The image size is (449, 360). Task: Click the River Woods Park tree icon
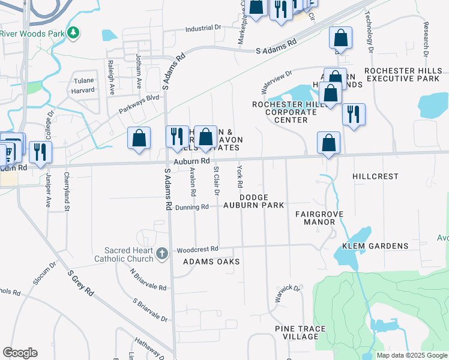pyautogui.click(x=73, y=32)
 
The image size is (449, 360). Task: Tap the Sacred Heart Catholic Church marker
pyautogui.click(x=161, y=254)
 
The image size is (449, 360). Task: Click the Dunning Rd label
pyautogui.click(x=192, y=206)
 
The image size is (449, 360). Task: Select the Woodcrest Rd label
pyautogui.click(x=197, y=249)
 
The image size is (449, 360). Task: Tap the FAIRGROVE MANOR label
pyautogui.click(x=315, y=218)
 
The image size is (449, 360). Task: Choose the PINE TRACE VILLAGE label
pyautogui.click(x=300, y=332)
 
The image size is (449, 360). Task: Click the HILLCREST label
pyautogui.click(x=376, y=176)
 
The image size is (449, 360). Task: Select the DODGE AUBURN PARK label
pyautogui.click(x=262, y=201)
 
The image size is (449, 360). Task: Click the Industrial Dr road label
pyautogui.click(x=203, y=28)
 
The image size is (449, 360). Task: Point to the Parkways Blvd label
pyautogui.click(x=139, y=104)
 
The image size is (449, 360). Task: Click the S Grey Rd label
pyautogui.click(x=80, y=284)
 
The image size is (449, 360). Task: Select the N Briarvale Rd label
pyautogui.click(x=148, y=279)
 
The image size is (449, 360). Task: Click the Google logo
pyautogui.click(x=20, y=353)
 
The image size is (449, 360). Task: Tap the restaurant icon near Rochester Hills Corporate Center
pyautogui.click(x=354, y=114)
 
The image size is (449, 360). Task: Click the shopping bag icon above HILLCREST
pyautogui.click(x=328, y=143)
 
